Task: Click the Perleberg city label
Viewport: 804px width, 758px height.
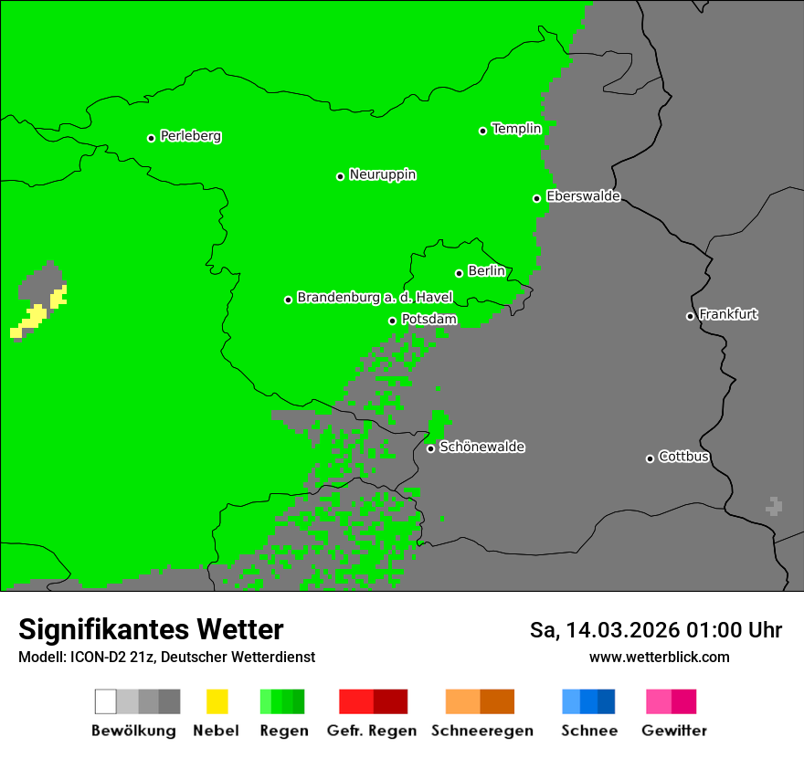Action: coord(190,136)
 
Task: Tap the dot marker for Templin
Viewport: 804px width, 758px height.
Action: coord(482,131)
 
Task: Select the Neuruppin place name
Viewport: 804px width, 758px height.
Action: coord(382,174)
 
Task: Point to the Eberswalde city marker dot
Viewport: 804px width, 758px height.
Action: coord(537,198)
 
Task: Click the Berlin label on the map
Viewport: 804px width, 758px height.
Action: coord(486,271)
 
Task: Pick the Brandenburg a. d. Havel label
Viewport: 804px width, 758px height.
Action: coord(375,298)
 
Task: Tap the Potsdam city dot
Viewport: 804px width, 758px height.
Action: coord(393,321)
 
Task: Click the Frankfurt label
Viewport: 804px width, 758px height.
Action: coord(728,314)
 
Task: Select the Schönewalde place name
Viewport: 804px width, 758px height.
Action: coord(481,447)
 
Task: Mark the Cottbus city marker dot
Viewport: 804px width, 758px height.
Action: coord(650,458)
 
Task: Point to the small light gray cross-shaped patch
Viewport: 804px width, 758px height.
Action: coord(775,506)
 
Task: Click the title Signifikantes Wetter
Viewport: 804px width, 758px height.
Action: coord(151,630)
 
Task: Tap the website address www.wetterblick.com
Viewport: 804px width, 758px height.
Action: coord(659,657)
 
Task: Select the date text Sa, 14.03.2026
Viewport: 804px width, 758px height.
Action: coord(605,630)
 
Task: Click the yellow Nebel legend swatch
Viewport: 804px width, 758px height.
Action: coord(217,701)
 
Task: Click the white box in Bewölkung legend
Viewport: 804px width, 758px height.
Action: coord(106,701)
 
